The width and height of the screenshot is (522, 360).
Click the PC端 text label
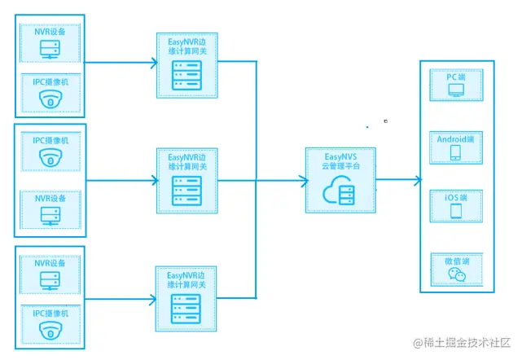click(x=455, y=77)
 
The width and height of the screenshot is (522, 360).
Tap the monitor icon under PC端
click(x=456, y=91)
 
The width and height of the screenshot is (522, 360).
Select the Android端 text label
click(x=455, y=138)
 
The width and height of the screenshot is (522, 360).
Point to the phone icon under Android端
click(x=455, y=152)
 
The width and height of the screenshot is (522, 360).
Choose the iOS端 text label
click(x=455, y=199)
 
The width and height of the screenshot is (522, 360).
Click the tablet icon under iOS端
click(x=455, y=213)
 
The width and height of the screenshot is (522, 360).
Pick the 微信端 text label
click(x=455, y=261)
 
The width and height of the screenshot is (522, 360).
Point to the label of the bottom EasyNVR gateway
click(x=187, y=279)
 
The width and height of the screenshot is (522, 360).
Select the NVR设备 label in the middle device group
click(x=50, y=198)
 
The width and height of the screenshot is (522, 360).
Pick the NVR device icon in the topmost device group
click(x=50, y=49)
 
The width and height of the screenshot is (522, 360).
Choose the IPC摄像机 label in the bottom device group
click(x=50, y=313)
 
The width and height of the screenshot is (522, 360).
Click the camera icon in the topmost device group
click(x=50, y=100)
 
